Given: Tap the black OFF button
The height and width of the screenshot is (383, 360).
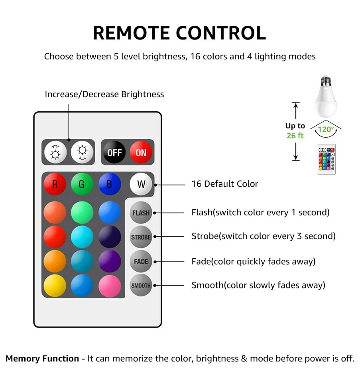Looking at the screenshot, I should point(114,152).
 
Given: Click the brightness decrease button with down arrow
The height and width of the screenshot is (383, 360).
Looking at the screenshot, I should point(82,152).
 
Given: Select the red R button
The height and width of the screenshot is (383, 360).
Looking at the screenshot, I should point(55,184).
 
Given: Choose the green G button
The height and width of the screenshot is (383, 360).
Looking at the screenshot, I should point(82,184).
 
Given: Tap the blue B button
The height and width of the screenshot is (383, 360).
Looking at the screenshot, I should point(110,184).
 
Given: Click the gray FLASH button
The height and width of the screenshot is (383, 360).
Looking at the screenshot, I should point(141,213).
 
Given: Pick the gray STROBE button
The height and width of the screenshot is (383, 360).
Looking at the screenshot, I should point(141,237).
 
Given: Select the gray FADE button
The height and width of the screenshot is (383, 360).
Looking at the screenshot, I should point(141,261).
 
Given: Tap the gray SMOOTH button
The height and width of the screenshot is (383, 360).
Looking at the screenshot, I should point(141,285).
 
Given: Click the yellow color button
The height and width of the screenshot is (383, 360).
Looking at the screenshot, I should point(55,286).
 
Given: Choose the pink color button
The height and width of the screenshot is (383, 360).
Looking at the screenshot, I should point(110,286).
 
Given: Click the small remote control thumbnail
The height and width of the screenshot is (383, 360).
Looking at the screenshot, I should point(327,159).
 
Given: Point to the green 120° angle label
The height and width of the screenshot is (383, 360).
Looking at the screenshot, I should point(326,129).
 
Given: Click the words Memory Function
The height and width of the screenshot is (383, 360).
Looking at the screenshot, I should point(42,358).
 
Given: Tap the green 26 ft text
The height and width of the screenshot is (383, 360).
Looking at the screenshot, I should point(295,136).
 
